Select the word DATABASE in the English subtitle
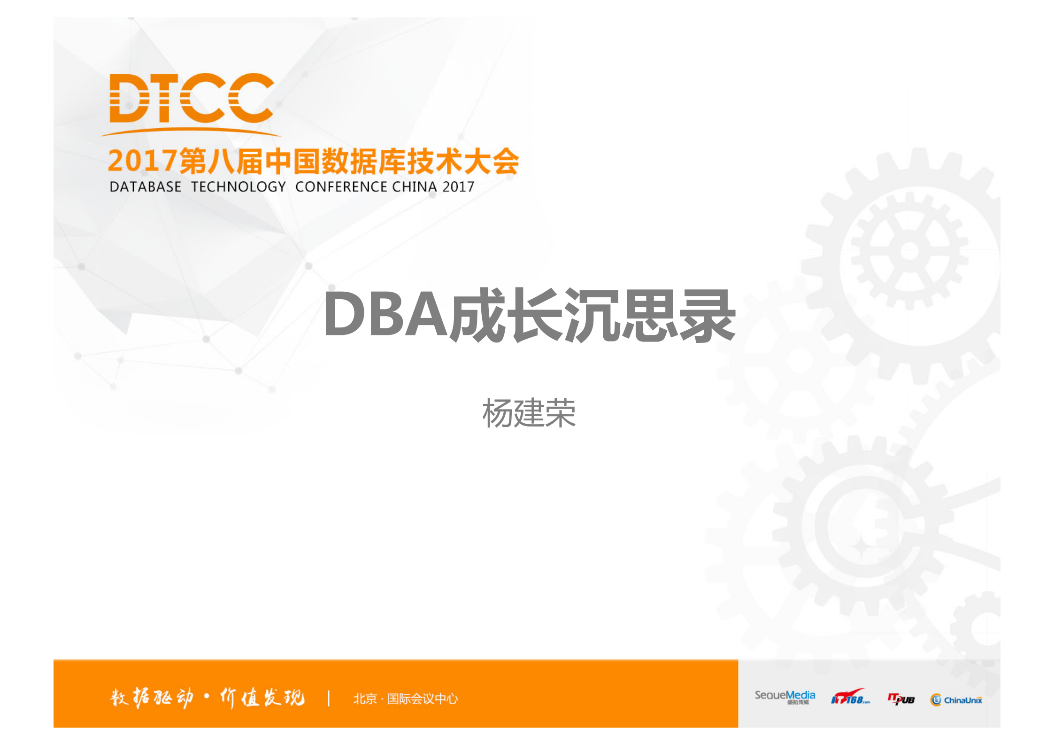pos(145,187)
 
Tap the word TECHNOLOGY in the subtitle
pos(238,187)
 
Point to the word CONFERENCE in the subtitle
pos(341,187)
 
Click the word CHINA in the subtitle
pos(415,187)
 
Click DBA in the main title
pos(385,314)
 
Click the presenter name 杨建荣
pos(529,413)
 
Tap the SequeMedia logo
pos(785,697)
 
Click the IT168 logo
pos(850,697)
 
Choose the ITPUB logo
pos(901,699)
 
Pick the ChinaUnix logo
pos(956,700)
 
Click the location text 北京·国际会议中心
pos(405,699)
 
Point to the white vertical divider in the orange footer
pos(329,698)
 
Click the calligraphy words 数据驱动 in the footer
pos(151,698)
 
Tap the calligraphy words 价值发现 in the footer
pos(262,698)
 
